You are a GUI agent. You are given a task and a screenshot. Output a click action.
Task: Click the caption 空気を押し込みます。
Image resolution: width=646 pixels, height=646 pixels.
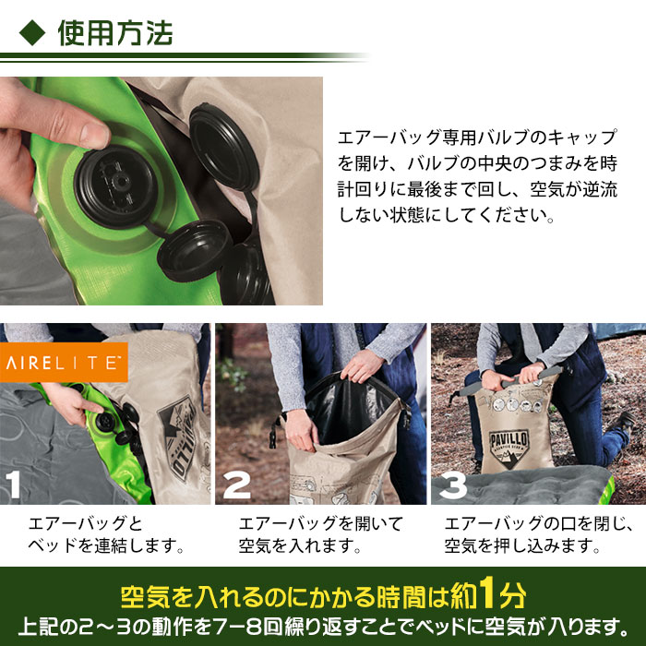[x=523, y=546]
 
